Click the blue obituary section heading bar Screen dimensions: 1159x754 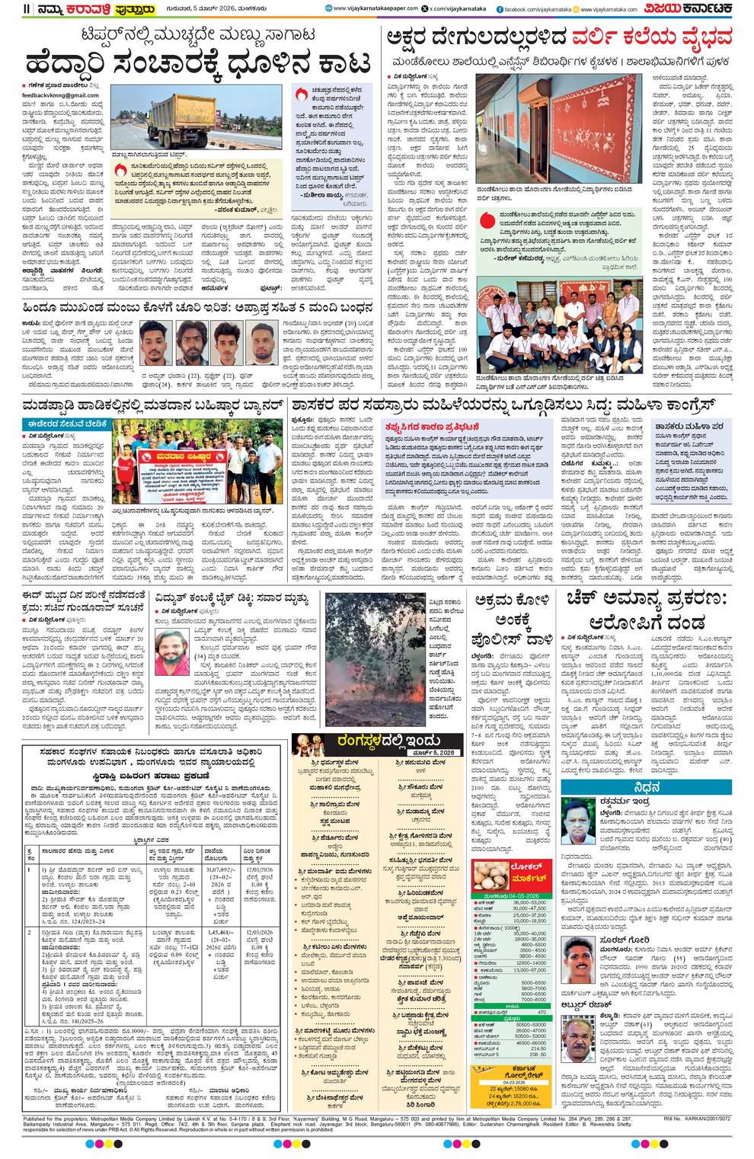pos(656,787)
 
